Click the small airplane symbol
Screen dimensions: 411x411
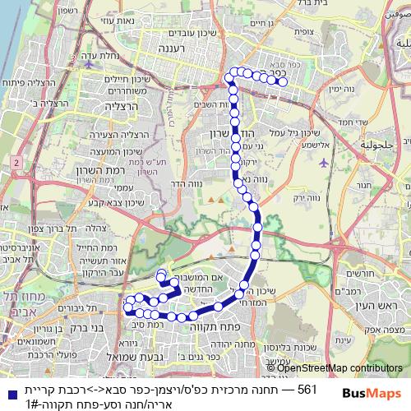click(x=324, y=162)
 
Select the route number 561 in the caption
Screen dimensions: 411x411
click(x=305, y=389)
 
